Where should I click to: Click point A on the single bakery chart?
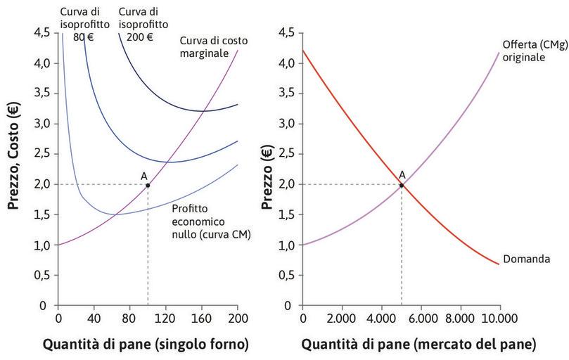pos(148,185)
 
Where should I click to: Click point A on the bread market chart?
pos(402,185)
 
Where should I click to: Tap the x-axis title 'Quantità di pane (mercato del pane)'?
pos(419,345)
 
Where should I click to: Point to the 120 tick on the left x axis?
pos(165,318)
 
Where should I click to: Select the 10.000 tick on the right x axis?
pos(499,318)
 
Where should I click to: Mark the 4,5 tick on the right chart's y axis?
pos(286,32)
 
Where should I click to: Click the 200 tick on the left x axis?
pos(238,318)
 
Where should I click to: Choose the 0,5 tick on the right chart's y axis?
pos(286,276)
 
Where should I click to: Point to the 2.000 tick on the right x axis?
pos(342,318)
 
